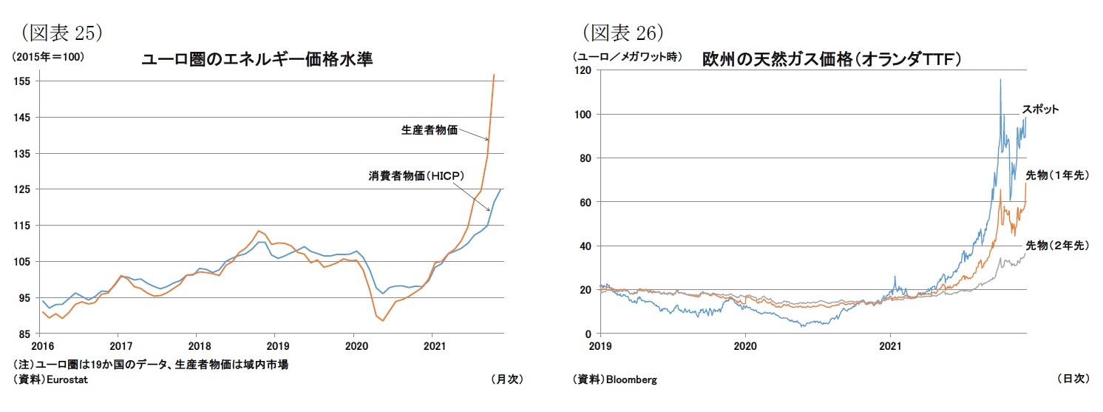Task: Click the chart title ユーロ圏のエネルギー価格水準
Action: click(x=257, y=61)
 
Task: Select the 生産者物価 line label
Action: click(x=429, y=130)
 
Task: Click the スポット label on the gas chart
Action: click(x=1040, y=109)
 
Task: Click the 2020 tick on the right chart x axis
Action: click(x=745, y=345)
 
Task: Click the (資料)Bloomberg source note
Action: click(x=614, y=379)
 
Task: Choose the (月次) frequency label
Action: click(x=507, y=379)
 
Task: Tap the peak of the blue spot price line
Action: click(x=1000, y=80)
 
